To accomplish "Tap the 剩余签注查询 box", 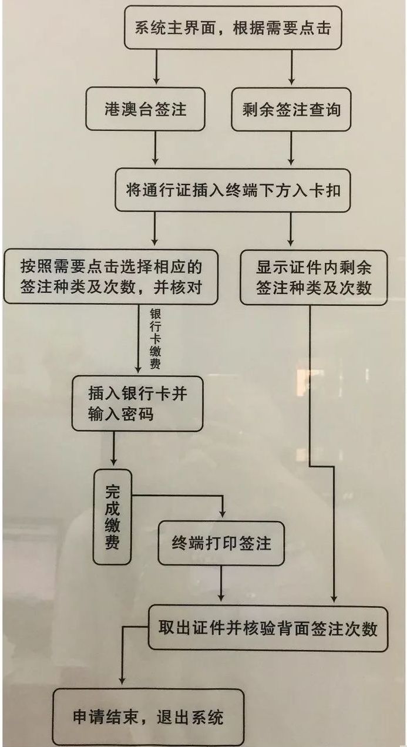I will [291, 109].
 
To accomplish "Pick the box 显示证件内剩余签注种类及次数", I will [314, 277].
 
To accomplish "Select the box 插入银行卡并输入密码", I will [137, 403].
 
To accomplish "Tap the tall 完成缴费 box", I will [112, 517].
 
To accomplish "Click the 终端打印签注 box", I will [221, 543].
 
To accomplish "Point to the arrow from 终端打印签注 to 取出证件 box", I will [221, 584].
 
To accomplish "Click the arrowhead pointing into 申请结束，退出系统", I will [121, 681].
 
